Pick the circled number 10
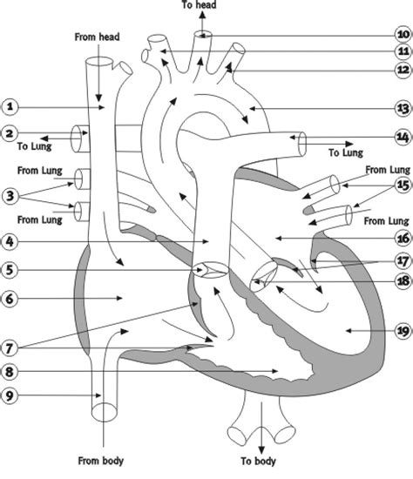tap(402, 36)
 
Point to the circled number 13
tap(402, 108)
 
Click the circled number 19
tap(402, 331)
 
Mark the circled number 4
tap(10, 240)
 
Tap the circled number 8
tap(10, 370)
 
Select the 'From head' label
tap(97, 37)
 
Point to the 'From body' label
tap(101, 459)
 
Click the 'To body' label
tap(260, 459)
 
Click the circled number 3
tap(10, 194)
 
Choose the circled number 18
tap(402, 280)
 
